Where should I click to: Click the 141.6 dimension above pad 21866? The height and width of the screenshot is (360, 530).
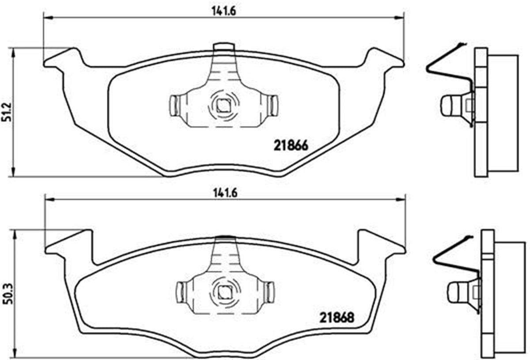[x=224, y=11]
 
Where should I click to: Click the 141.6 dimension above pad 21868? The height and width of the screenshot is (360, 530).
[x=224, y=193]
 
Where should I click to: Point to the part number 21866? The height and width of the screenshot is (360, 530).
[x=291, y=145]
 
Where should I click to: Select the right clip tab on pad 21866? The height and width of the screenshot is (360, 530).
[x=273, y=106]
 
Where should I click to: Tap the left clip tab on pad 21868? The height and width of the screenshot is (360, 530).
[x=181, y=292]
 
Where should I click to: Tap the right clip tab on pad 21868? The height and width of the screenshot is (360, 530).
[x=269, y=292]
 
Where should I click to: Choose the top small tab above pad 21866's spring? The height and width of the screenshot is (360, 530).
[x=223, y=47]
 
